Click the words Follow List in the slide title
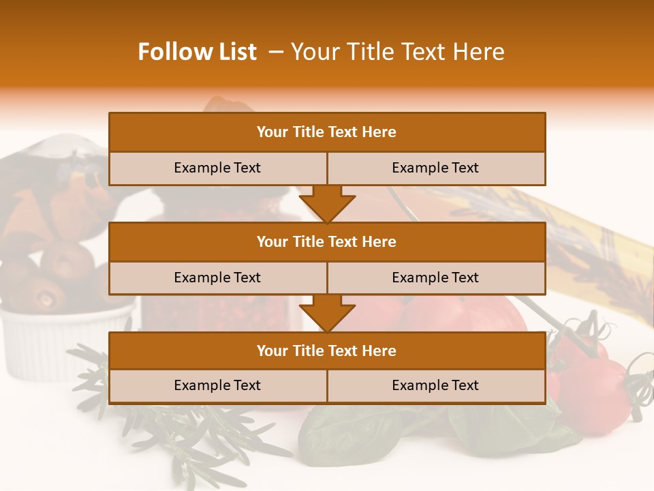pos(197,52)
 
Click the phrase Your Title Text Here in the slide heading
pos(397,52)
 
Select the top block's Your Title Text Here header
pos(326,132)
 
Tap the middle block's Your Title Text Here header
pos(326,241)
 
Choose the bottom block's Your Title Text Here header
pos(326,351)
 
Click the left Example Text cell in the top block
pos(217,168)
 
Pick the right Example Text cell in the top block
pos(435,168)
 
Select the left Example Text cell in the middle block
pos(217,278)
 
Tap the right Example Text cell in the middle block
pos(435,278)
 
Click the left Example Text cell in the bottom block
pos(217,385)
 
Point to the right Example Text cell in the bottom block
pos(435,385)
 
